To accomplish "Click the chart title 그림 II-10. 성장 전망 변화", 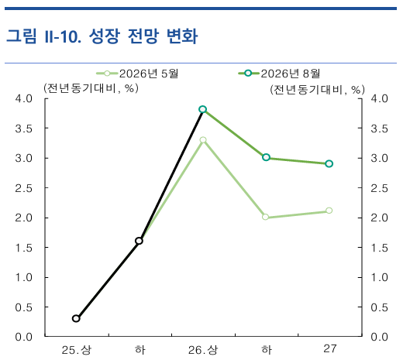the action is [x=102, y=36].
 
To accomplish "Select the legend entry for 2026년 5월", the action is [x=137, y=74].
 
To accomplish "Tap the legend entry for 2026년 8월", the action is [x=279, y=74].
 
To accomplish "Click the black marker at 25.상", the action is [x=76, y=318].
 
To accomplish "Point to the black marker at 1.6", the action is [x=139, y=241].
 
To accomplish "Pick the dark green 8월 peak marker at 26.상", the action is [x=203, y=109].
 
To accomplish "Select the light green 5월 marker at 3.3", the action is [x=203, y=140].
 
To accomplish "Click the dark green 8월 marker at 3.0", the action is [x=266, y=157].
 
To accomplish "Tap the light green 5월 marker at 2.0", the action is [x=266, y=217].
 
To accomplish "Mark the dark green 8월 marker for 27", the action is [x=329, y=163].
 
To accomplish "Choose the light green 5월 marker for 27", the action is [x=329, y=211].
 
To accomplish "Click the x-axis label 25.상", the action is [x=77, y=350].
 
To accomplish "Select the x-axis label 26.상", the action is [x=203, y=350].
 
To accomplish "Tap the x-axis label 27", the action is [x=330, y=349].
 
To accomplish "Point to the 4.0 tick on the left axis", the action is [x=23, y=98].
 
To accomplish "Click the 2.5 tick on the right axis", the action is [x=379, y=188].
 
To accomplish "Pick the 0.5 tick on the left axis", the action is [x=23, y=307].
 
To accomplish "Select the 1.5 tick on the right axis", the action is [x=379, y=248].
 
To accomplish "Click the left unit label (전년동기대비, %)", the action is [x=91, y=88].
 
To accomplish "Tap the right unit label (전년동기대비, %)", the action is [x=317, y=90].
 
